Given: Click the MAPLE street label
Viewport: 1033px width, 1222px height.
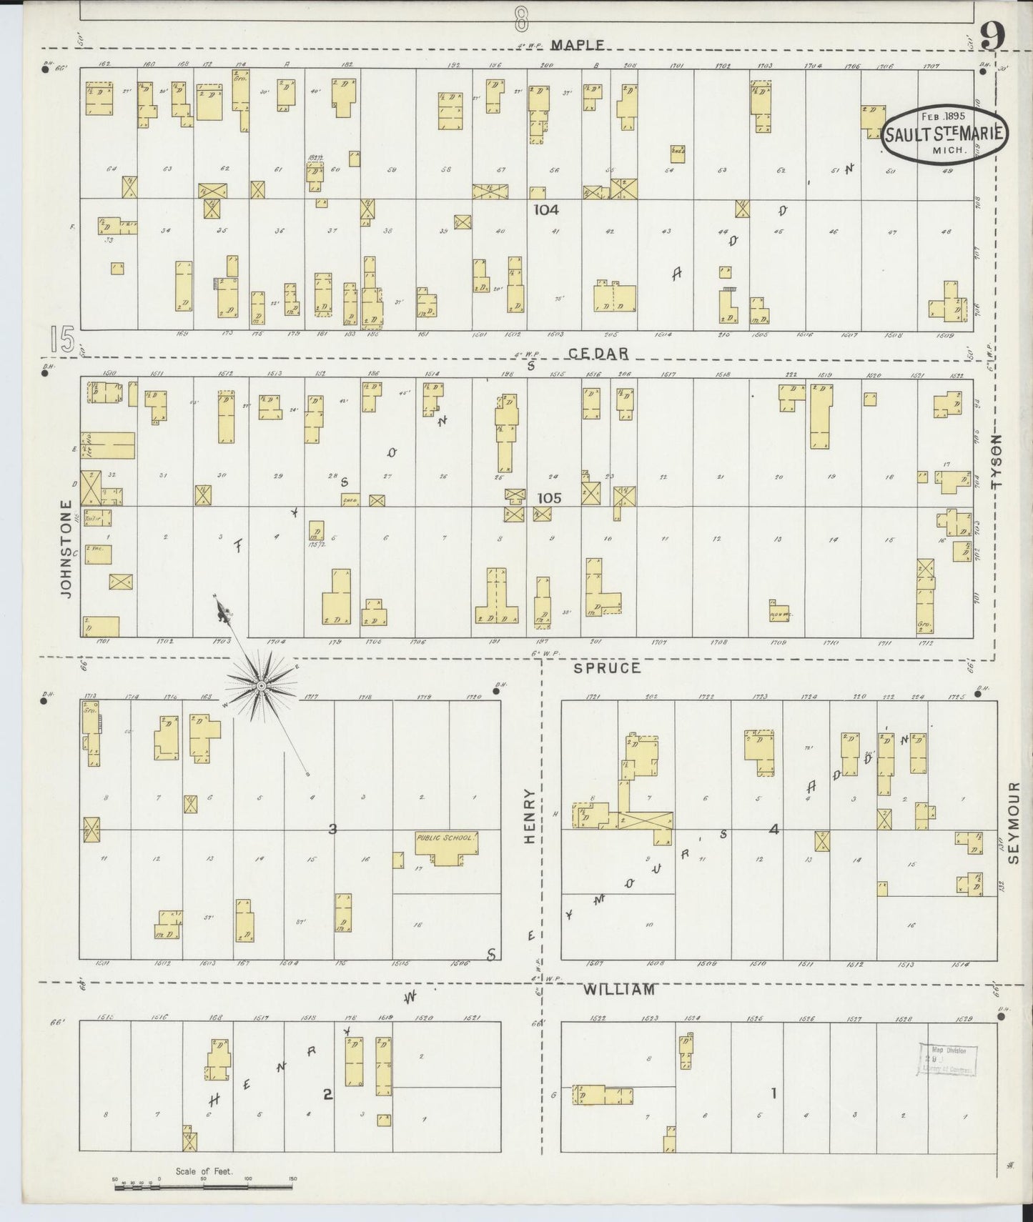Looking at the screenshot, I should click(x=578, y=44).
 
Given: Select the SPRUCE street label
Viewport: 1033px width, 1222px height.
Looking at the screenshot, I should click(x=607, y=667).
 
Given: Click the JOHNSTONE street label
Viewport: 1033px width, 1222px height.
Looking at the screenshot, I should click(x=66, y=549).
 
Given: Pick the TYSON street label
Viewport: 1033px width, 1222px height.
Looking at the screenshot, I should click(x=997, y=462).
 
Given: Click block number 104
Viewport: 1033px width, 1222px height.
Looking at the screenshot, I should click(x=546, y=209).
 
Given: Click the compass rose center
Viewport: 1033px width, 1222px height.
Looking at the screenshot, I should click(x=261, y=686).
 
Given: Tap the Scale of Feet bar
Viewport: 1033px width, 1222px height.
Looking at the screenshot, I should click(x=203, y=1188).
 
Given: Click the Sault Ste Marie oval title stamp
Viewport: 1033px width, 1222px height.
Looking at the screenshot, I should click(x=945, y=134).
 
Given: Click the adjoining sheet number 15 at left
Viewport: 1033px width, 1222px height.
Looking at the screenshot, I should click(x=63, y=339).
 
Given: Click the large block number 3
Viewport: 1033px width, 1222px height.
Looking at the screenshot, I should click(x=332, y=829).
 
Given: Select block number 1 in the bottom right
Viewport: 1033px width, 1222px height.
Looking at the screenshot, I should click(x=773, y=1093).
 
